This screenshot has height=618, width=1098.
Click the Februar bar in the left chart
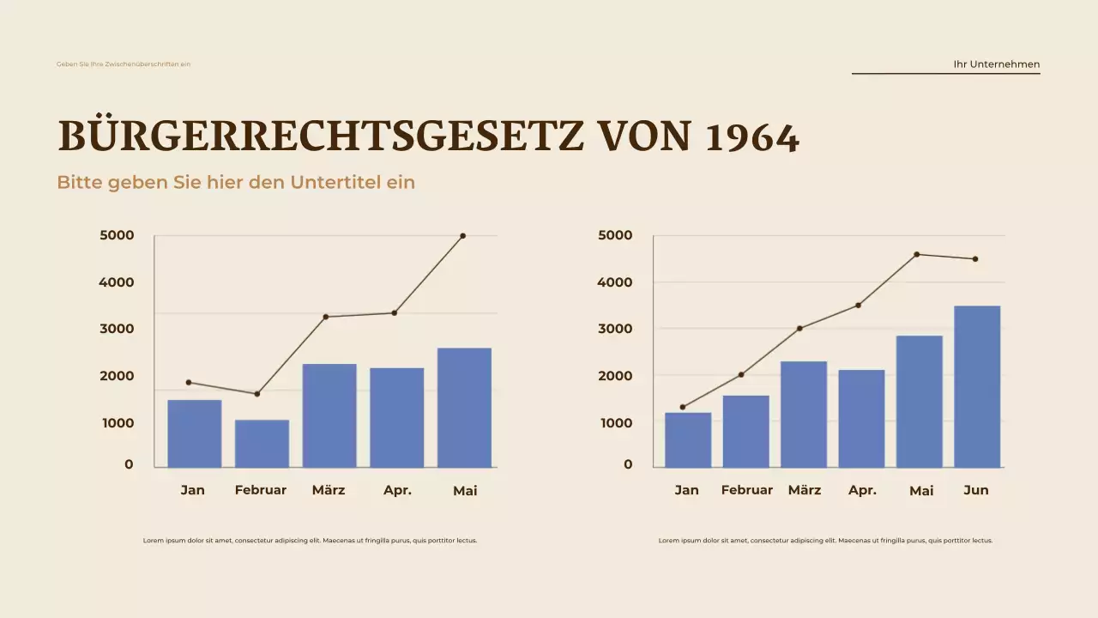(262, 444)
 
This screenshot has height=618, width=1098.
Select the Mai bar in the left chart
(464, 408)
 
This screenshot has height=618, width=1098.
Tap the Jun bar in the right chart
(977, 386)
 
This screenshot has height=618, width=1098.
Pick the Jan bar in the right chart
(688, 439)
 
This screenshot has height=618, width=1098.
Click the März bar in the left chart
(329, 415)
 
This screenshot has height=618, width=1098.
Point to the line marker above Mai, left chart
(463, 236)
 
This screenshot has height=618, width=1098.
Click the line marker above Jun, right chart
(975, 259)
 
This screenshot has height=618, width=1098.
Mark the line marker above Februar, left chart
(256, 394)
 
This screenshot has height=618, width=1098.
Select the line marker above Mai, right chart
(917, 254)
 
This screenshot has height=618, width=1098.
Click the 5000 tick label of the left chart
(117, 235)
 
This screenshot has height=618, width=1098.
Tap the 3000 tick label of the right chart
(616, 329)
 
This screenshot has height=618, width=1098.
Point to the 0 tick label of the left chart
(129, 464)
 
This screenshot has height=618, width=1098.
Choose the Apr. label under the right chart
(862, 490)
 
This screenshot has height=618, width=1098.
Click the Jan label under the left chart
(193, 490)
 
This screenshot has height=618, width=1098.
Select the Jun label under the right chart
(976, 490)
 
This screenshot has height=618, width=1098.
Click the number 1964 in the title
(752, 138)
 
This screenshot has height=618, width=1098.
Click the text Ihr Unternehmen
(997, 64)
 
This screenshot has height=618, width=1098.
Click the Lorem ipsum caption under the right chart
(825, 541)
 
